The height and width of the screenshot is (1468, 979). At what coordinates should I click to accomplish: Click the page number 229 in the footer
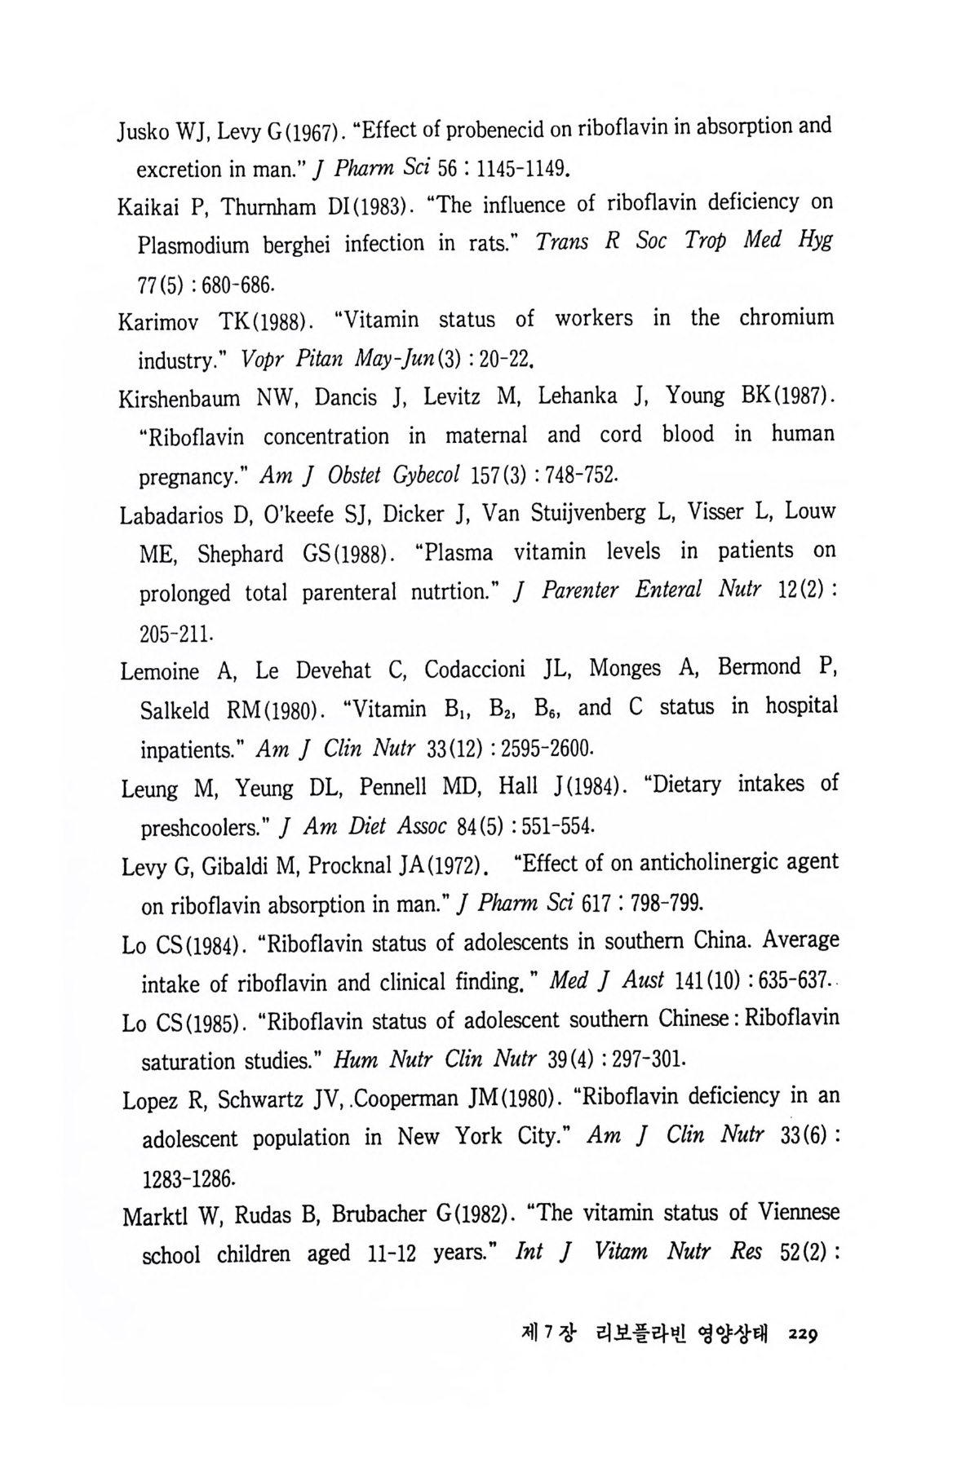click(x=803, y=1335)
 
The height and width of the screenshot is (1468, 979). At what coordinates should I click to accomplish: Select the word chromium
click(x=786, y=317)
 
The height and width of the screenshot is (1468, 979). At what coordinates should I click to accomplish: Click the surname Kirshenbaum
click(x=179, y=400)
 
